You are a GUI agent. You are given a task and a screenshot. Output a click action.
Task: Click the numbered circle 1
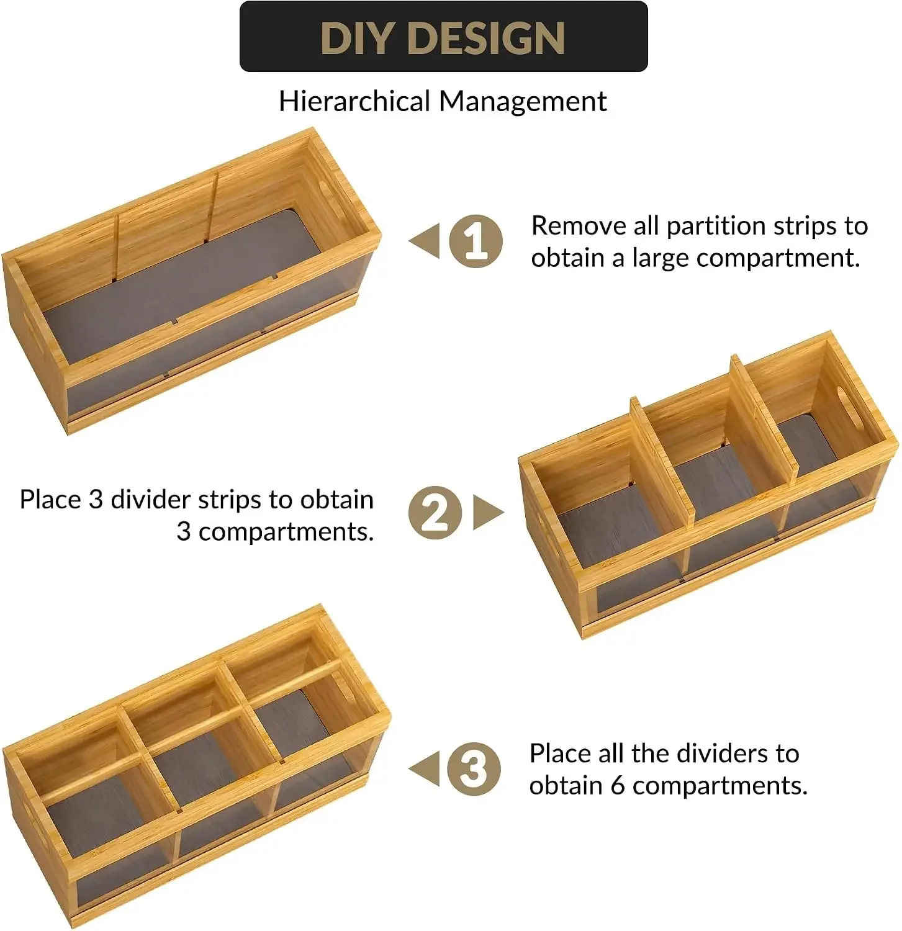476,241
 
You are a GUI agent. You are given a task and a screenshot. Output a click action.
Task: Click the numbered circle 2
435,512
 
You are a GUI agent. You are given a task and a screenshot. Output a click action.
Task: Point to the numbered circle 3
474,769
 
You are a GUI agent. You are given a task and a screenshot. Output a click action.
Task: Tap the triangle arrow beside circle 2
488,512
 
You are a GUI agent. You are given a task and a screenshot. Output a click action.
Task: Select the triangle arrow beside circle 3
424,769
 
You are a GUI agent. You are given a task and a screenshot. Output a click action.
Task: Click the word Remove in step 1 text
579,226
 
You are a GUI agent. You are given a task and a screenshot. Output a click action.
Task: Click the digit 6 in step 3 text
617,786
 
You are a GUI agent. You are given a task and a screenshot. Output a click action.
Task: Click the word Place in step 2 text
50,500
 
